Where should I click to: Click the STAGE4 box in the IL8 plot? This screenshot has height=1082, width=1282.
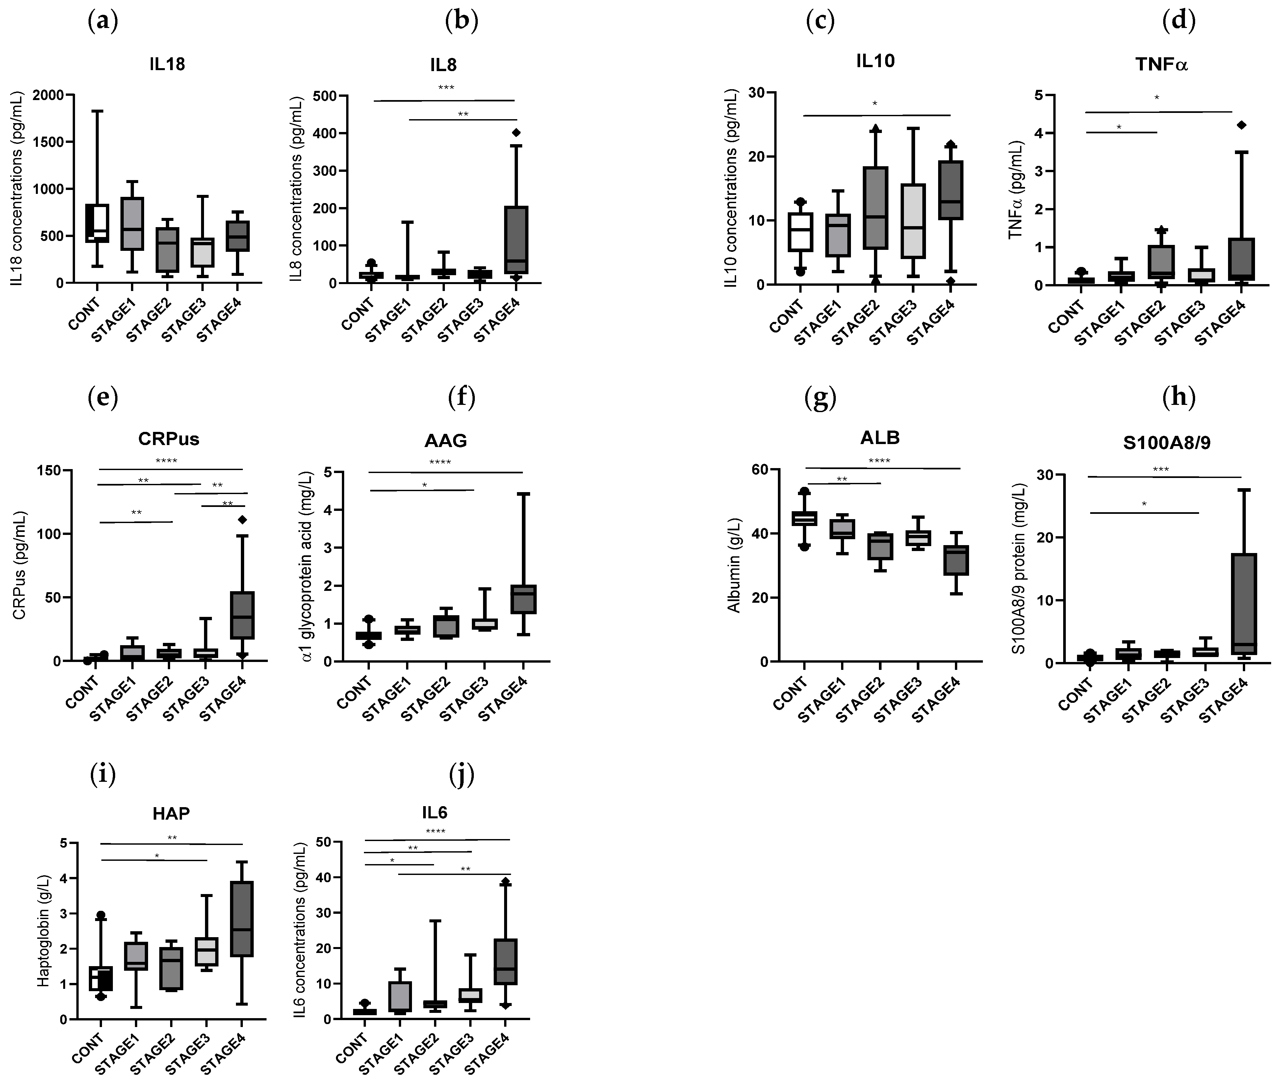coord(516,239)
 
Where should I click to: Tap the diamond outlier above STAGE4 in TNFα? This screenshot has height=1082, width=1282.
coord(1242,125)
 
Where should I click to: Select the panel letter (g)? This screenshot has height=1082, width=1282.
coord(820,398)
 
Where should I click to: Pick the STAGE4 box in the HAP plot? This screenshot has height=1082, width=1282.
coord(242,918)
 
